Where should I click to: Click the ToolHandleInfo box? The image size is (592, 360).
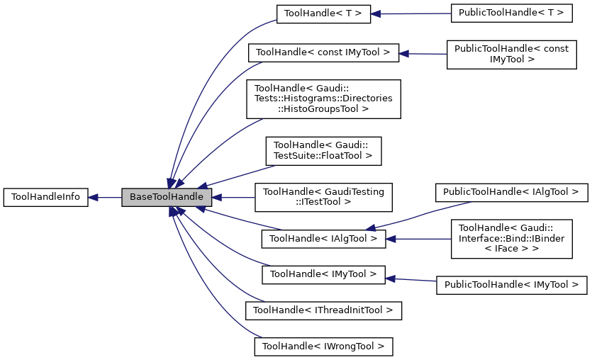click(x=46, y=198)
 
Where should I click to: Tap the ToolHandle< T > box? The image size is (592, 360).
click(x=323, y=13)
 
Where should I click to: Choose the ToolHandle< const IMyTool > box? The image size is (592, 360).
click(x=323, y=52)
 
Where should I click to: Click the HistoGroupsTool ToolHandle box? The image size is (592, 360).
click(x=323, y=99)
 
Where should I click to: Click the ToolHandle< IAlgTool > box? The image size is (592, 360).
click(x=323, y=239)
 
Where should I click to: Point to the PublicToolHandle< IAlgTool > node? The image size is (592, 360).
click(x=511, y=191)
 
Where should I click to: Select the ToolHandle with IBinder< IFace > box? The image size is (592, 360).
click(x=511, y=239)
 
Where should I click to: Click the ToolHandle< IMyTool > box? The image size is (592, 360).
click(x=323, y=274)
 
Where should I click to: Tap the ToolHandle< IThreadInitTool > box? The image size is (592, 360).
click(x=323, y=310)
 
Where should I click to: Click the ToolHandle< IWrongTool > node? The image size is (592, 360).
click(x=323, y=347)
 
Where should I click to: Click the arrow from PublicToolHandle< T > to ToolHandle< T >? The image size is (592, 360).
click(x=411, y=13)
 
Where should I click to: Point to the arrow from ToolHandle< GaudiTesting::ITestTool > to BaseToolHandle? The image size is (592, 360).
click(x=233, y=198)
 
